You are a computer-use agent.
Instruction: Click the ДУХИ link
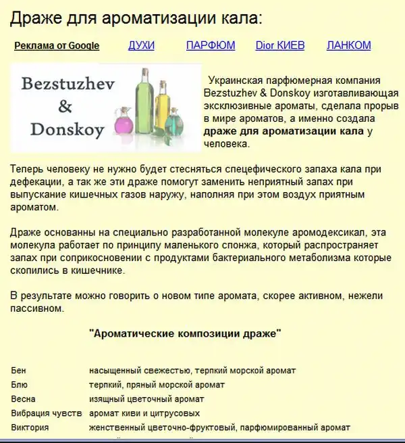[x=141, y=45]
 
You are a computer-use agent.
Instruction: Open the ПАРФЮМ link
[x=211, y=45]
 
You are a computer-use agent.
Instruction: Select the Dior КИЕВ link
[x=280, y=45]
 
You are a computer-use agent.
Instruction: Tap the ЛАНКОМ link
[x=348, y=45]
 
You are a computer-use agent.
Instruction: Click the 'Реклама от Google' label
[x=57, y=46]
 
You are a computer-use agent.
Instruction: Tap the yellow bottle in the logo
[x=162, y=108]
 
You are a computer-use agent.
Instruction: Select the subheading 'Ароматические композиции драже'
[x=185, y=333]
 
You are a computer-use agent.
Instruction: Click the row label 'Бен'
[x=19, y=371]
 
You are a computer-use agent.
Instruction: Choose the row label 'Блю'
[x=20, y=385]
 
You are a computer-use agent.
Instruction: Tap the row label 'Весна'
[x=24, y=399]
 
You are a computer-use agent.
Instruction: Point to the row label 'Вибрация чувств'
[x=47, y=413]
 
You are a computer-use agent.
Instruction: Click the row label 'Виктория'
[x=30, y=427]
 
